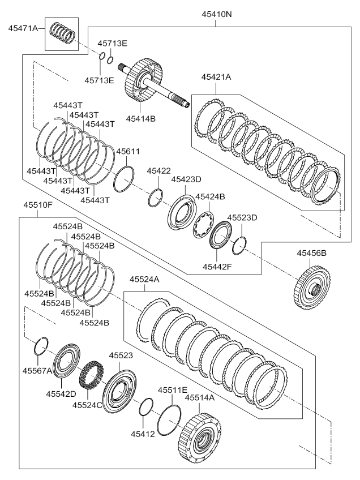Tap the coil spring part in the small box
tap(62, 33)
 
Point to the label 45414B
tap(141, 118)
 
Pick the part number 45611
tap(128, 152)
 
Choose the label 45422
tap(159, 171)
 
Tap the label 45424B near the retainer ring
tap(210, 197)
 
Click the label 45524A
tap(144, 280)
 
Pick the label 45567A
tap(37, 370)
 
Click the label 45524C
tap(87, 405)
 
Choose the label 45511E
tap(173, 391)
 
